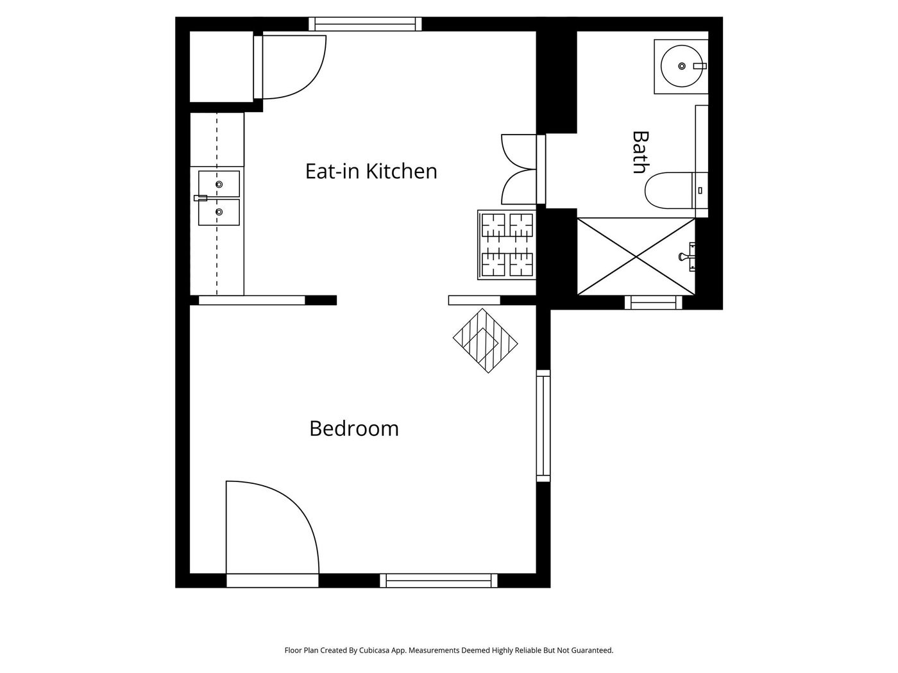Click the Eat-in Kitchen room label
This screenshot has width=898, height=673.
pyautogui.click(x=371, y=171)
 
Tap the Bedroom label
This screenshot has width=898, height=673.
pyautogui.click(x=354, y=429)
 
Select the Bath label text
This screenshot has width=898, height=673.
pyautogui.click(x=641, y=152)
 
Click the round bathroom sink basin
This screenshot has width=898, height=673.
pyautogui.click(x=681, y=66)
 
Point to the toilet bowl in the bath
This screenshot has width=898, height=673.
pyautogui.click(x=668, y=190)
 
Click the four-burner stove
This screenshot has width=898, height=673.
pyautogui.click(x=507, y=245)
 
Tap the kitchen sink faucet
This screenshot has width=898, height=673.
pyautogui.click(x=200, y=198)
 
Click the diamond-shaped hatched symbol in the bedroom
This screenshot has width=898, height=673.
pyautogui.click(x=485, y=340)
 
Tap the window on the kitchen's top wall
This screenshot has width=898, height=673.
pyautogui.click(x=365, y=24)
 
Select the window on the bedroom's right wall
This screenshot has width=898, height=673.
pyautogui.click(x=543, y=426)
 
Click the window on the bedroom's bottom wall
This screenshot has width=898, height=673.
pyautogui.click(x=439, y=581)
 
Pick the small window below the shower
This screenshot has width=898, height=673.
pyautogui.click(x=654, y=303)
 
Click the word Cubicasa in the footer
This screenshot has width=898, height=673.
pyautogui.click(x=375, y=650)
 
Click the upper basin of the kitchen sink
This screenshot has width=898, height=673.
pyautogui.click(x=219, y=184)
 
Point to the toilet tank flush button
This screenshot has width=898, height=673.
pyautogui.click(x=700, y=190)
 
